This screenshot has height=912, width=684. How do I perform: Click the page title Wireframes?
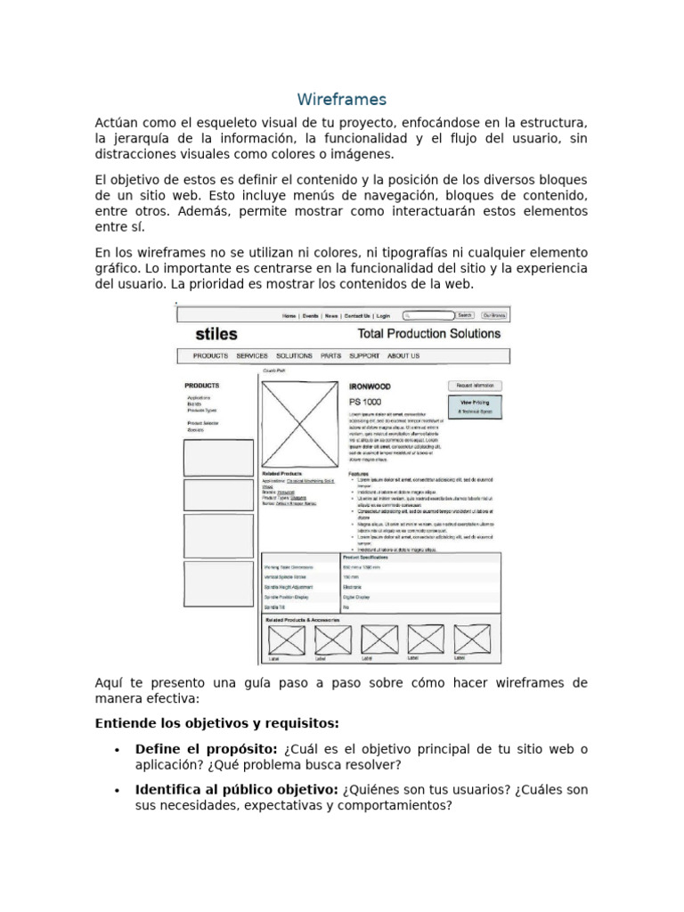(x=341, y=99)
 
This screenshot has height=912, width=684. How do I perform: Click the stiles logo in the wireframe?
(x=216, y=335)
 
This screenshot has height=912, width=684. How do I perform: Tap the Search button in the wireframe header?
(x=465, y=315)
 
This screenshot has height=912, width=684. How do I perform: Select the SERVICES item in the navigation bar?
(x=252, y=356)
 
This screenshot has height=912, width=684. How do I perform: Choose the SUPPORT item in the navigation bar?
(x=363, y=356)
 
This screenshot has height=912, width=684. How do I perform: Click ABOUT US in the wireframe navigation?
(x=403, y=356)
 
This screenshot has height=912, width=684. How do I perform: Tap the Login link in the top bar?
(x=383, y=316)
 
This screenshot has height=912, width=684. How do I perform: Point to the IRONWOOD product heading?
(x=370, y=387)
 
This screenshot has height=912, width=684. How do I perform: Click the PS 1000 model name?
(x=366, y=403)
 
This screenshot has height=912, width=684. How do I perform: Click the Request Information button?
(x=475, y=386)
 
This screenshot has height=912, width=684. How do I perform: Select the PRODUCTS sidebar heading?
(x=202, y=386)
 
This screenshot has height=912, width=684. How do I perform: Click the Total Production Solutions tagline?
(x=428, y=334)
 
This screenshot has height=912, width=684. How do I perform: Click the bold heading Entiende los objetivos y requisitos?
(x=216, y=722)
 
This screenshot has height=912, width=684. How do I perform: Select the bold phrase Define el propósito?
(x=207, y=749)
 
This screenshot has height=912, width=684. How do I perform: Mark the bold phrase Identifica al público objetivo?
(x=236, y=789)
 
